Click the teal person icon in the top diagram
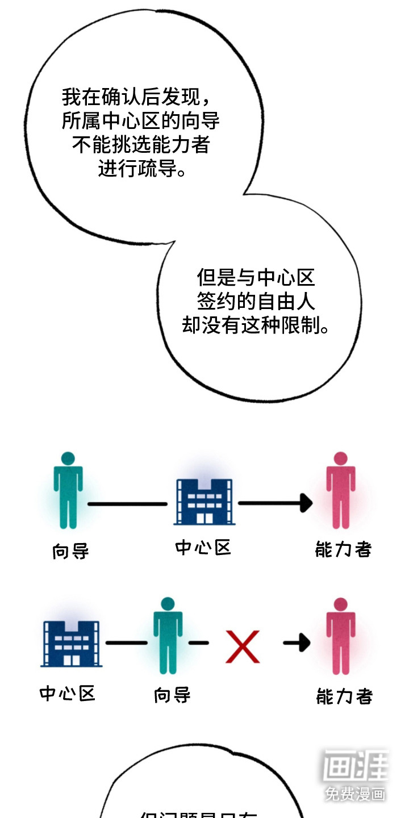tap(68, 490)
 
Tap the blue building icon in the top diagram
tap(203, 501)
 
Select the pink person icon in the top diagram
tap(341, 490)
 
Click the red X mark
tap(243, 646)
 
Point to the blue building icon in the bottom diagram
tap(71, 643)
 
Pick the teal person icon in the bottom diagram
tap(168, 635)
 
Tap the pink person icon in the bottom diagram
tap(341, 635)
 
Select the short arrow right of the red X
tap(297, 642)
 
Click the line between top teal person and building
tap(127, 503)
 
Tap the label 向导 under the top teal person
tap(70, 550)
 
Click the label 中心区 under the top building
tap(203, 548)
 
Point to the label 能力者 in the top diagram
tap(343, 549)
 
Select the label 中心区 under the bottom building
tap(67, 694)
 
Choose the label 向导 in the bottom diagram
tap(172, 695)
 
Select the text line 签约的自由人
tap(256, 301)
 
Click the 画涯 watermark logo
tap(356, 767)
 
